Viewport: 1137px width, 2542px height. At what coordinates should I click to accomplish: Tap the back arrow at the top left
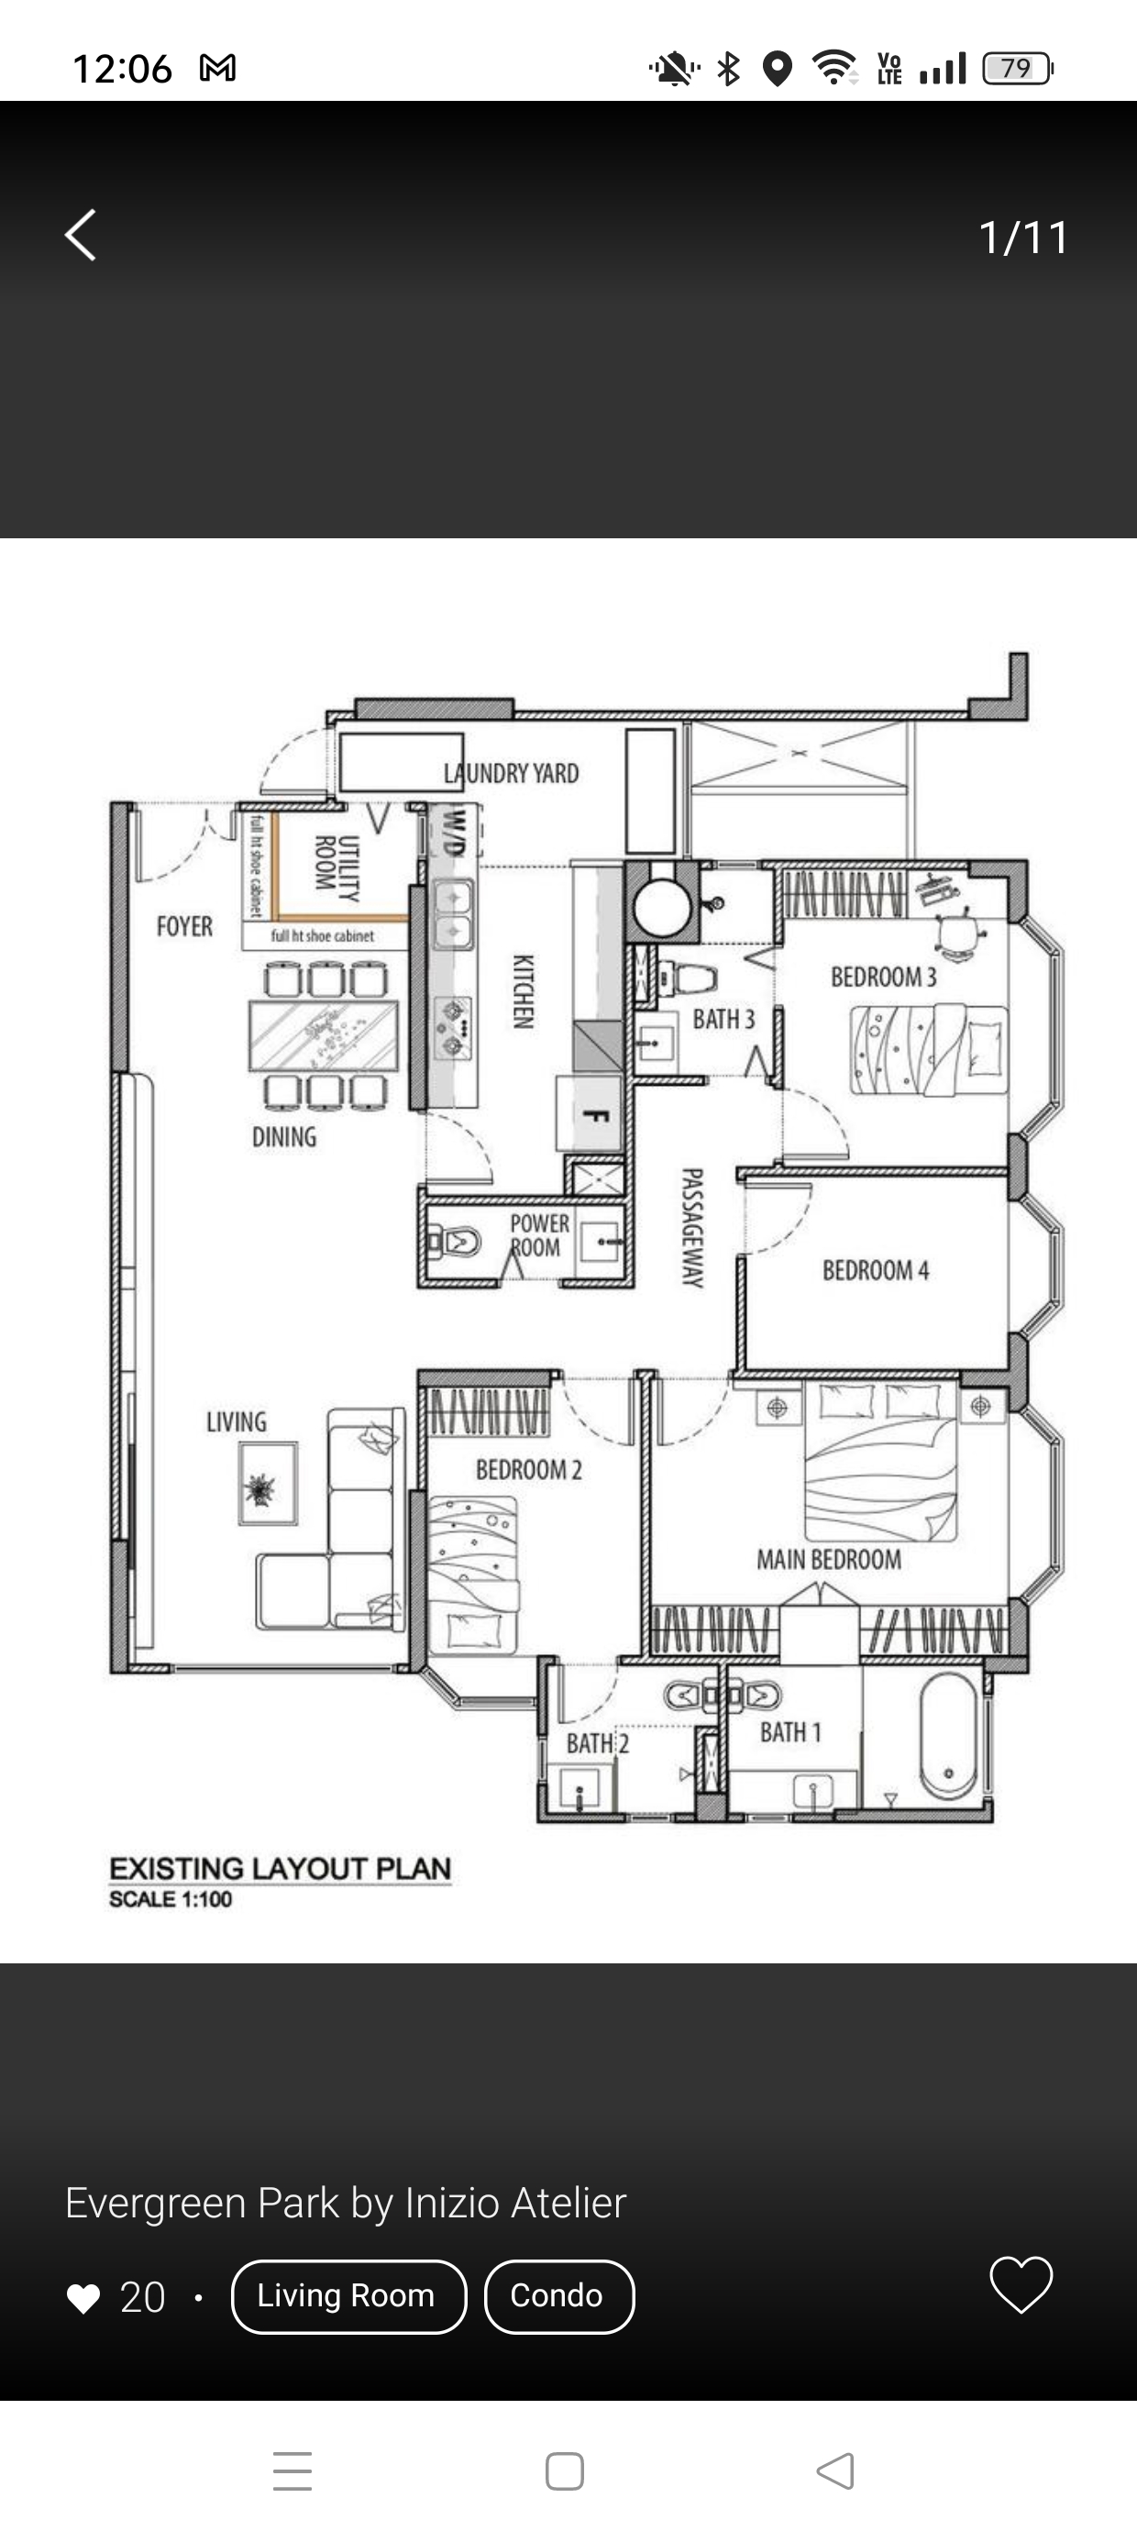click(x=81, y=236)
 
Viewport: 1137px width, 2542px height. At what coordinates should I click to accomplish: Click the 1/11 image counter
click(x=1022, y=238)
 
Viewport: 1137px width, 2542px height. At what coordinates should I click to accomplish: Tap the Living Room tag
click(x=348, y=2296)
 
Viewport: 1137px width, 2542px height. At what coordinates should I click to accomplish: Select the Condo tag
click(x=557, y=2296)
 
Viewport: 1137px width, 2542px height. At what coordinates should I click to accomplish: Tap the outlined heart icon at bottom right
click(x=1021, y=2284)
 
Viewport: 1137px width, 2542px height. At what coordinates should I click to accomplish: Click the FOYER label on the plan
click(x=184, y=926)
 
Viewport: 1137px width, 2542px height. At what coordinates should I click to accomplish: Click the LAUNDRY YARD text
click(x=512, y=774)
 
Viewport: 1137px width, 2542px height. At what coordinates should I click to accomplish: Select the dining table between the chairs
click(x=324, y=1035)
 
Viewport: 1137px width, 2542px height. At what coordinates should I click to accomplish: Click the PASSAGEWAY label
click(x=692, y=1228)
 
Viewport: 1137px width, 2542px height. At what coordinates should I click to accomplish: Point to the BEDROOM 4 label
click(x=876, y=1270)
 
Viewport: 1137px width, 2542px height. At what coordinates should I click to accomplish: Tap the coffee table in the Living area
click(x=268, y=1483)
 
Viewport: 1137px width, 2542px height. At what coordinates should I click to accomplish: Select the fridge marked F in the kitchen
click(x=591, y=1115)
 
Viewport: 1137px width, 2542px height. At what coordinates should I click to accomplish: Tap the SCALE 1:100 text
click(x=171, y=1899)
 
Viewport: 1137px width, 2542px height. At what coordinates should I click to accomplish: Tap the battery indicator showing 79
click(x=1017, y=69)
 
